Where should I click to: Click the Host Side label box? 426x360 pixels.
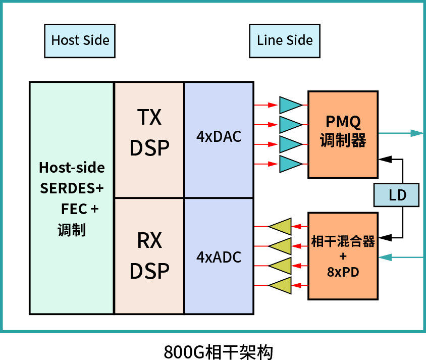(x=80, y=41)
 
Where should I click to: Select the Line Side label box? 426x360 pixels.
(x=285, y=41)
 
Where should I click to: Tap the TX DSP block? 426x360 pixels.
(x=149, y=139)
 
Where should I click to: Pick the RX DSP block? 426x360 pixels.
(x=149, y=256)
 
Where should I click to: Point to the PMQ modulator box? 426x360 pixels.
(x=343, y=134)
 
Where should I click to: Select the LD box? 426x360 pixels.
(x=397, y=195)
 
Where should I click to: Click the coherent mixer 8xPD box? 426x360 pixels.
(x=343, y=256)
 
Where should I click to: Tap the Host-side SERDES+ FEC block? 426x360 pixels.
(x=72, y=198)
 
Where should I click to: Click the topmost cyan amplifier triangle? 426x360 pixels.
(x=290, y=105)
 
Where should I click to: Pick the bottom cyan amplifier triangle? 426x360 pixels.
(x=290, y=164)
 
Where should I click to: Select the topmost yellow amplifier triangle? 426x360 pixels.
(x=281, y=226)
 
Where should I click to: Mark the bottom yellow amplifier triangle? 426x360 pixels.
(x=281, y=285)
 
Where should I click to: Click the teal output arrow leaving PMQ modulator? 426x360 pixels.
(x=401, y=133)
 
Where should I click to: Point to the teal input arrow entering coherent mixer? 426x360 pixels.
(x=401, y=258)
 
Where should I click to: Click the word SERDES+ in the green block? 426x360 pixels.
(x=72, y=188)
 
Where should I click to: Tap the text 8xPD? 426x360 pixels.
(x=343, y=272)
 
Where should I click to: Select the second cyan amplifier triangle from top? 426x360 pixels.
(x=290, y=124)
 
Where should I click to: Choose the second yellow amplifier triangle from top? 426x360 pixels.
(x=281, y=246)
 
